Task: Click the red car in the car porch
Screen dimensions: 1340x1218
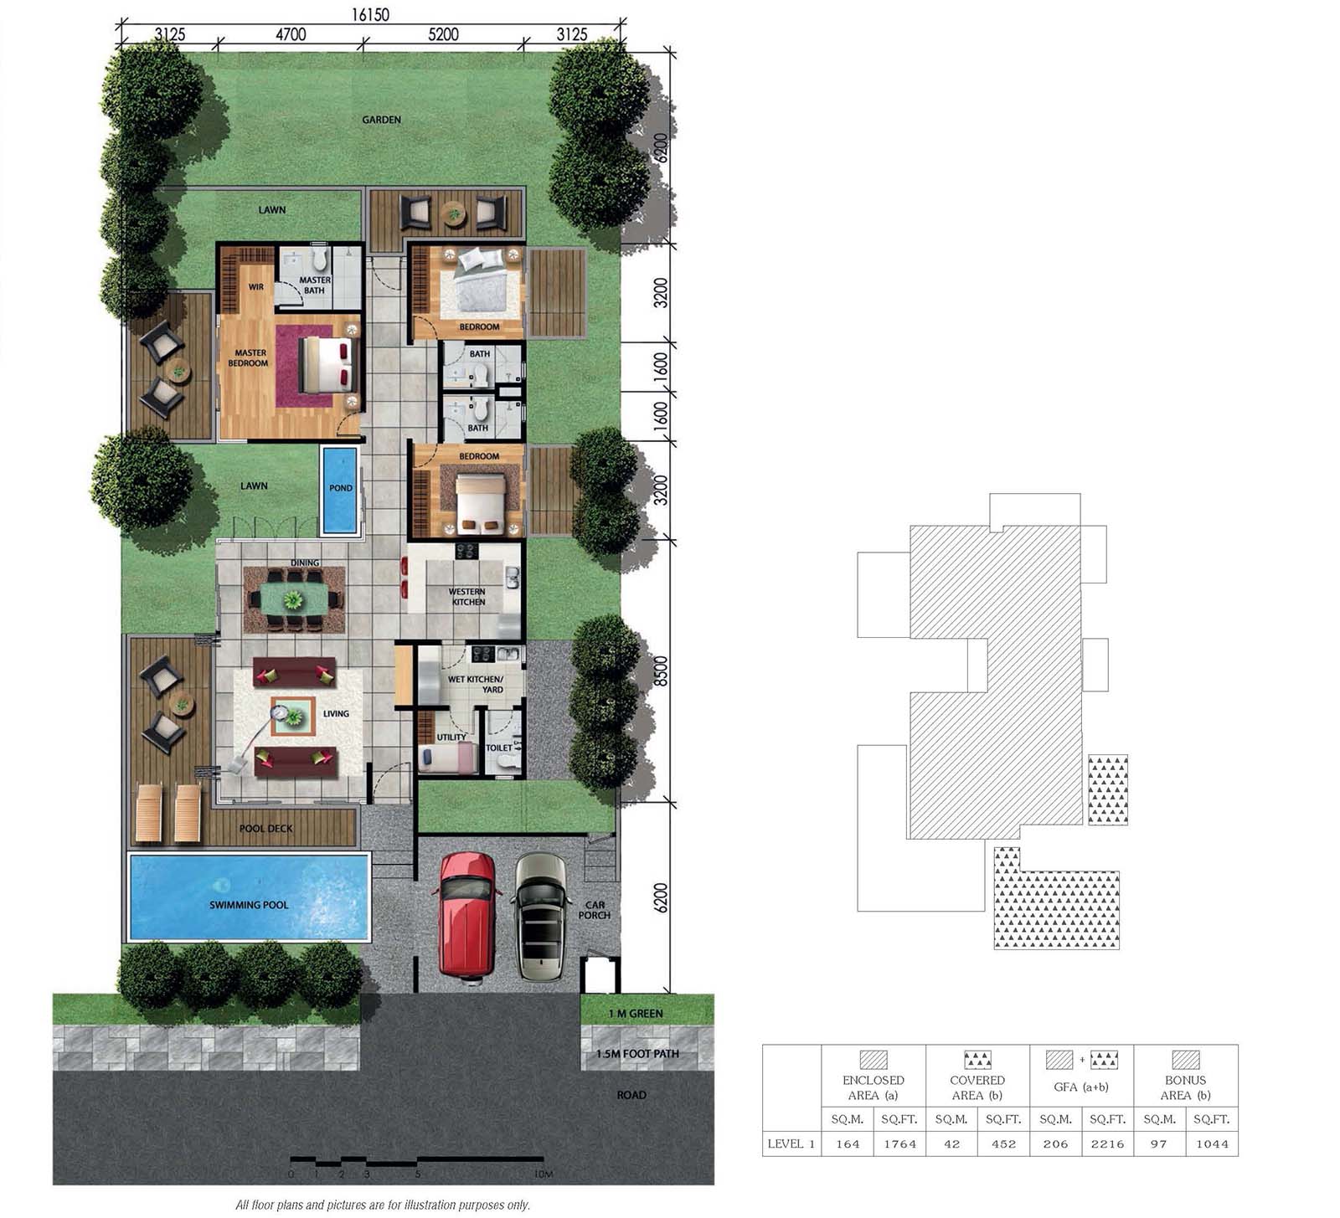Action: point(470,915)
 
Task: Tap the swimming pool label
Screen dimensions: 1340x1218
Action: point(249,905)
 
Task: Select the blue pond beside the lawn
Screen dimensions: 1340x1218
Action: point(340,490)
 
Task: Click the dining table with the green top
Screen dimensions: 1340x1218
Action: point(293,599)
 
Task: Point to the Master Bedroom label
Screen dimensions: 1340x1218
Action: point(249,357)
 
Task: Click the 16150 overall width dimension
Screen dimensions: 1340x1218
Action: point(369,15)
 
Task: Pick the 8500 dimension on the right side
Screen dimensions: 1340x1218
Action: point(661,671)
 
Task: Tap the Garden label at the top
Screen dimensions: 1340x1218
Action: point(381,120)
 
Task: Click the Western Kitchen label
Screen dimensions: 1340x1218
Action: point(467,596)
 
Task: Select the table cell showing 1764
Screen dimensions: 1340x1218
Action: point(899,1143)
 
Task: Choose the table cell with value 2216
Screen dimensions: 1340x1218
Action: point(1107,1143)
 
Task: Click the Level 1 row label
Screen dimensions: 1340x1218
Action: point(791,1143)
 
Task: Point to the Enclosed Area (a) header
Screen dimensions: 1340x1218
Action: point(874,1087)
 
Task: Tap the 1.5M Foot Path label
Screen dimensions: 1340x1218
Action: point(637,1054)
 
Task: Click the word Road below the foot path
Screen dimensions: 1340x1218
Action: point(631,1095)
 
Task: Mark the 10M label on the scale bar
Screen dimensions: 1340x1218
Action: point(544,1174)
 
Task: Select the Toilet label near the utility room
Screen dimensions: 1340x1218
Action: point(499,748)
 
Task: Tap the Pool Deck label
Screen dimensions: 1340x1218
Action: point(266,829)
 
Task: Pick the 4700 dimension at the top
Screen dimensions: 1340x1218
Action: point(291,35)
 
